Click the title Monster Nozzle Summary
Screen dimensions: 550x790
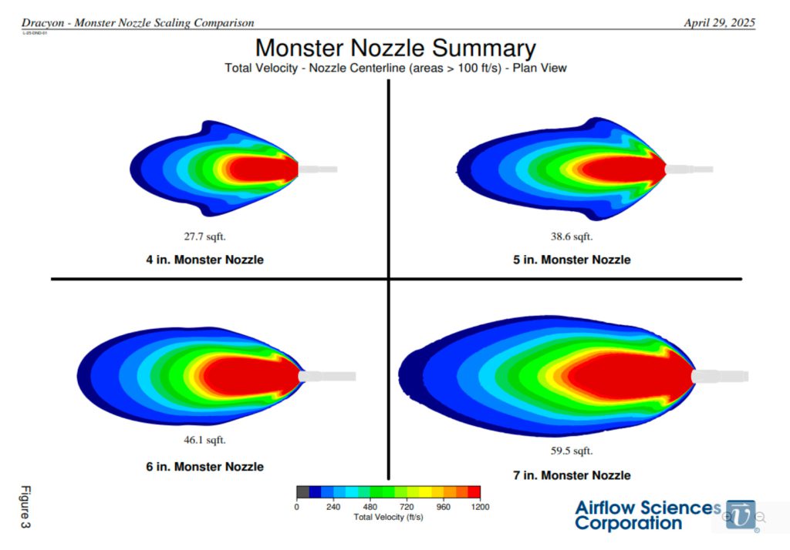395,48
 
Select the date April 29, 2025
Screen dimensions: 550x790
719,23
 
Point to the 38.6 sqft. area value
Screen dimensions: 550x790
572,236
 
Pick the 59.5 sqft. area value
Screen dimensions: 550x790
572,451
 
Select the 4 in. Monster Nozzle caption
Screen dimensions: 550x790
204,260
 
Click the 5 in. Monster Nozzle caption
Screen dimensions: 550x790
572,260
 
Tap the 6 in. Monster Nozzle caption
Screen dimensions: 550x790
204,467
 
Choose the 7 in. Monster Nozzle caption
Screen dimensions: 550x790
572,475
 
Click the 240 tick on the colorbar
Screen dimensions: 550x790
333,507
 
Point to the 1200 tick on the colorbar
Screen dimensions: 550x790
479,507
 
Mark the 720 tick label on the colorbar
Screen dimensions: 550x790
407,507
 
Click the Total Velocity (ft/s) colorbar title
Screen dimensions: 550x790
388,517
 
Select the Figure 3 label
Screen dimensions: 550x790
25,507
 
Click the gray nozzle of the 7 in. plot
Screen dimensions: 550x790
721,376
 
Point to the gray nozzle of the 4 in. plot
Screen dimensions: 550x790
318,169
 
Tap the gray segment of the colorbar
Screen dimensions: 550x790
302,491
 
